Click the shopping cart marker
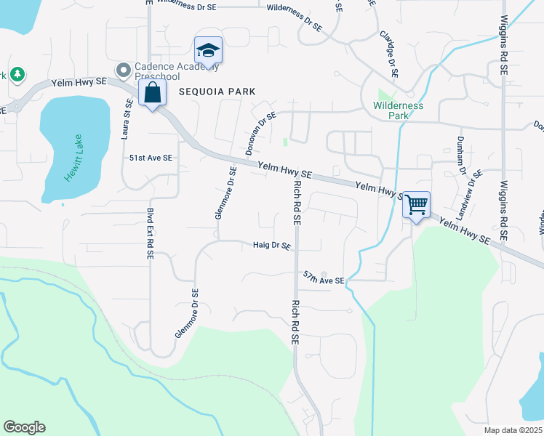click(416, 205)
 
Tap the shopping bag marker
click(152, 94)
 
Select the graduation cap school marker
click(208, 51)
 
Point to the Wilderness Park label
click(398, 110)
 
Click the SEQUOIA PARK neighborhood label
click(217, 92)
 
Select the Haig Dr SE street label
click(272, 246)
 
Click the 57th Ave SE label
click(324, 278)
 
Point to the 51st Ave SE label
click(151, 158)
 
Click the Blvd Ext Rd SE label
click(150, 233)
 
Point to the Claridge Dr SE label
click(388, 52)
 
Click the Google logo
click(24, 427)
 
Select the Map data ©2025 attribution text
click(513, 430)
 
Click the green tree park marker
click(16, 75)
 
